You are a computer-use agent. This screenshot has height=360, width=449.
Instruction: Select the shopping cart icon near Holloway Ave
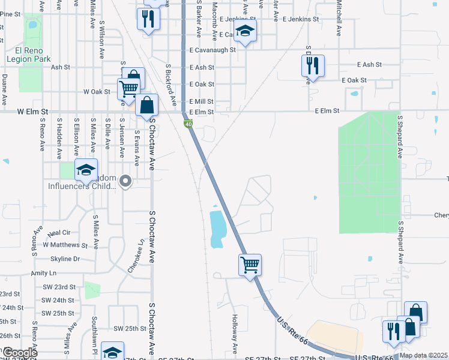[x=250, y=264]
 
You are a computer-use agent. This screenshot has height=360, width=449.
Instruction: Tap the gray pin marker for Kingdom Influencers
[x=125, y=180]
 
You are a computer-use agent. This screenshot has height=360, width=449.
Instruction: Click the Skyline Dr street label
[x=68, y=259]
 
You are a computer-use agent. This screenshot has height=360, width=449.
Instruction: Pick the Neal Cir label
[x=59, y=232]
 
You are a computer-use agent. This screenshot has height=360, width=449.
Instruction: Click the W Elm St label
[x=32, y=112]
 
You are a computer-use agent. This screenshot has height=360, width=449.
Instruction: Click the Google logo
[x=20, y=353]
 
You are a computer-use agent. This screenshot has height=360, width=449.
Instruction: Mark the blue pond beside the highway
[x=217, y=227]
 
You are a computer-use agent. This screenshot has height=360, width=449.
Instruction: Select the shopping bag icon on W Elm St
[x=146, y=105]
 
